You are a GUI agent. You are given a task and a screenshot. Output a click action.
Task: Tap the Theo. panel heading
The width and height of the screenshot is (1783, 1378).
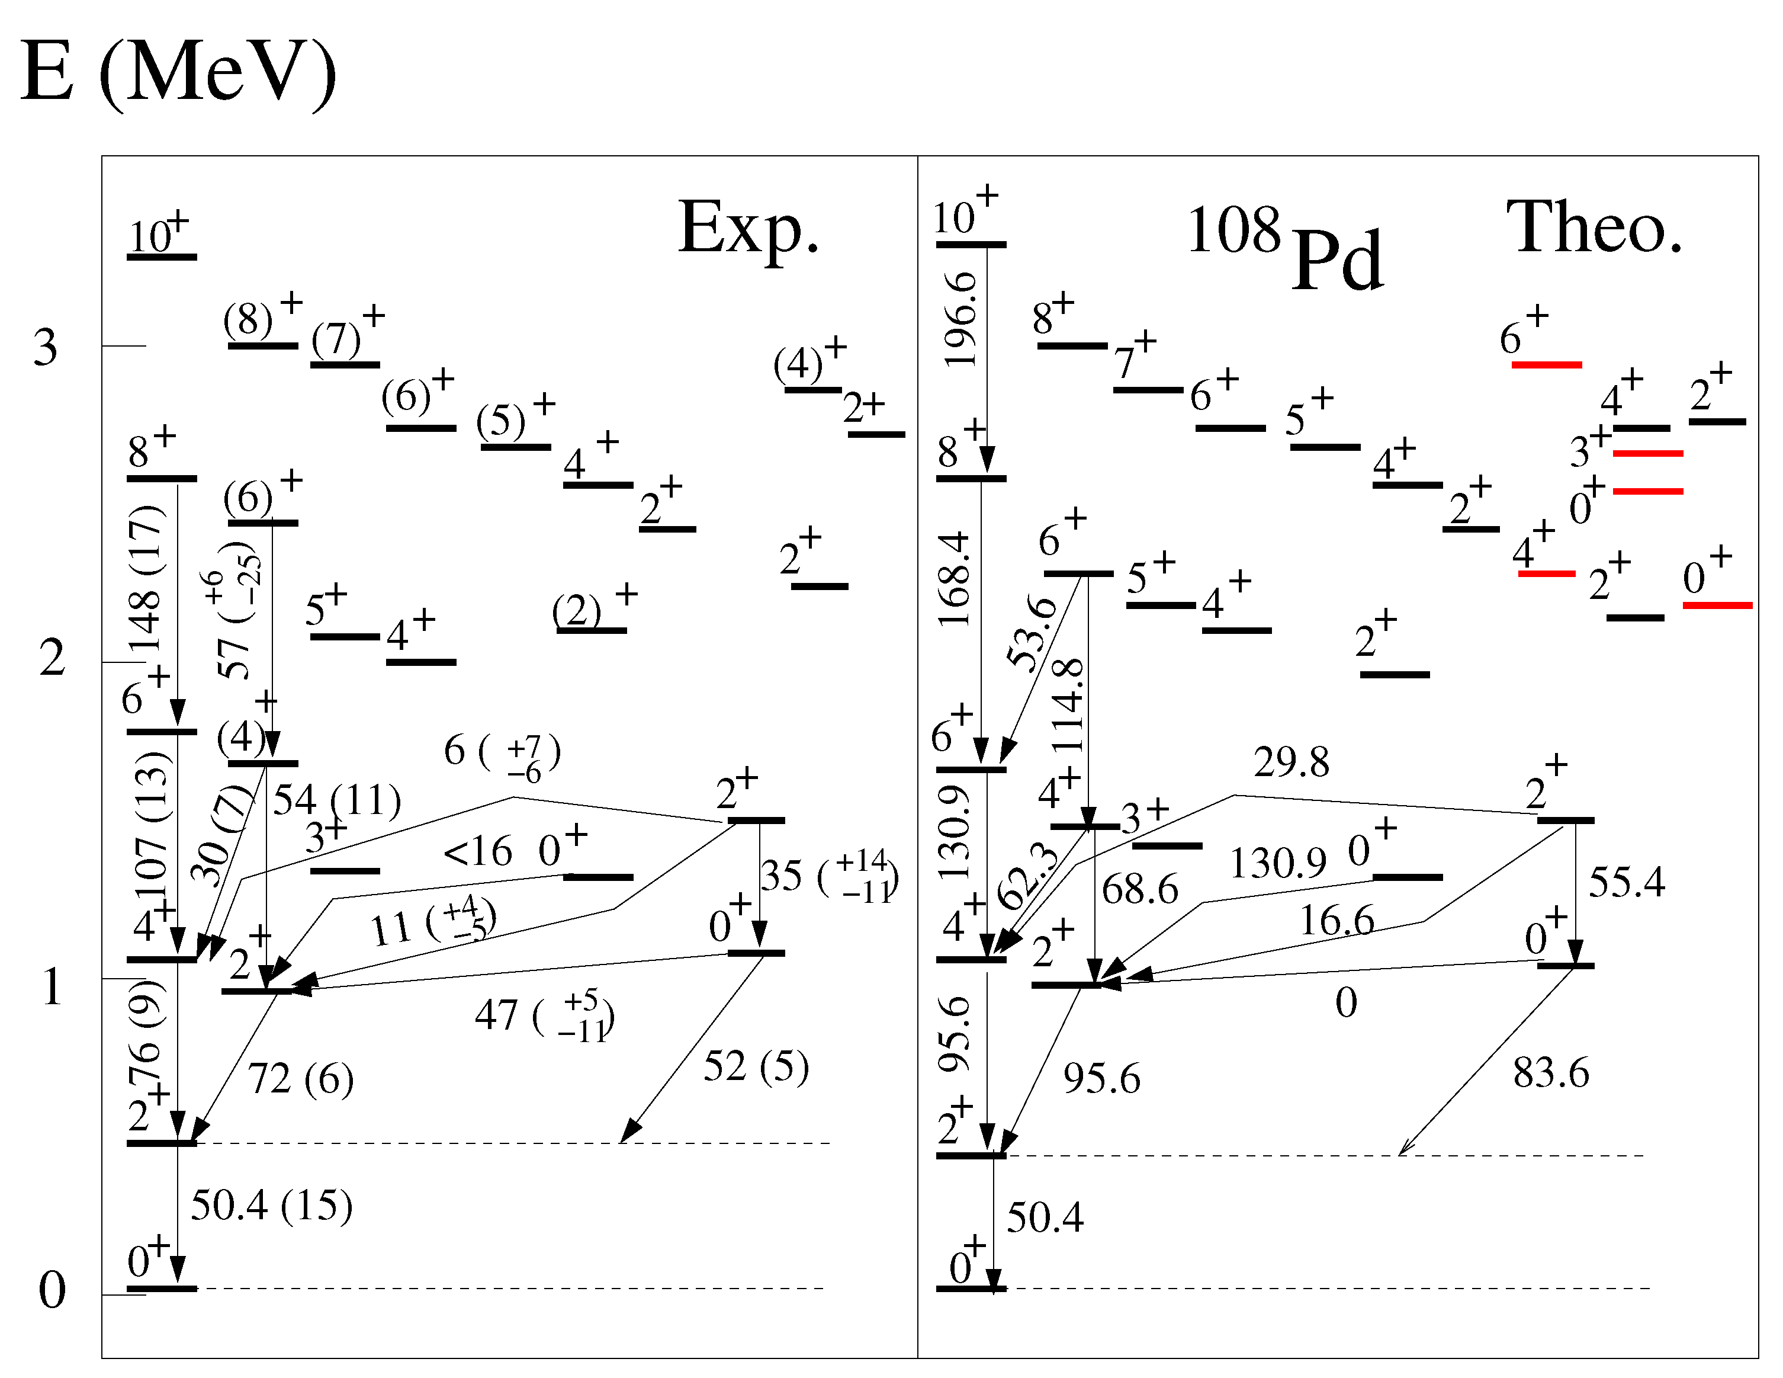point(1595,228)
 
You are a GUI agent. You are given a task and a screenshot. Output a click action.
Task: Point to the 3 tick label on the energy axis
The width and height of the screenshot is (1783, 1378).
point(46,348)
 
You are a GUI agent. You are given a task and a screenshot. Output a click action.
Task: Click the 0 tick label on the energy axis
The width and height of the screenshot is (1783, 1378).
point(52,1290)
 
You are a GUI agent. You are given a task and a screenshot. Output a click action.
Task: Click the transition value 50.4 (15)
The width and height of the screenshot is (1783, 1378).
point(271,1206)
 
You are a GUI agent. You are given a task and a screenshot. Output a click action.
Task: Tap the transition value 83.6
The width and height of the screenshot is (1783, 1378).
point(1550,1072)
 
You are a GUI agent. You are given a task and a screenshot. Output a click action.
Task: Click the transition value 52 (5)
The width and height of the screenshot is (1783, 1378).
point(755,1067)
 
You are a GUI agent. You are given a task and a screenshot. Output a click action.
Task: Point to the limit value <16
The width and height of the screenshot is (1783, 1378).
point(478,852)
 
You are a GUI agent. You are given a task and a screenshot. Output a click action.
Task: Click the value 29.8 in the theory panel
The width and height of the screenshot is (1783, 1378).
point(1292,762)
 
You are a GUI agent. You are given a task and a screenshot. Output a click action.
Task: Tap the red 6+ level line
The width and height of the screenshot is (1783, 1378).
point(1546,364)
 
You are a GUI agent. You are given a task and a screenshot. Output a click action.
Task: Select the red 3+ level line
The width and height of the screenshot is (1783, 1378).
point(1647,453)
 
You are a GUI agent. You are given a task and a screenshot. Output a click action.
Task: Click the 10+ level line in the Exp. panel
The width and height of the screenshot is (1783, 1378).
point(162,257)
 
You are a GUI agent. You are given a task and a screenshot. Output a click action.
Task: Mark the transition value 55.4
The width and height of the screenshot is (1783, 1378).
point(1626,883)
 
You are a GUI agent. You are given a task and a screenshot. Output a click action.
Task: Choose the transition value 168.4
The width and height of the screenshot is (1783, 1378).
point(955,579)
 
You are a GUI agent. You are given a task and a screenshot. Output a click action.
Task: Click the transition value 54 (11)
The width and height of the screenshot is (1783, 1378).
point(336,800)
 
